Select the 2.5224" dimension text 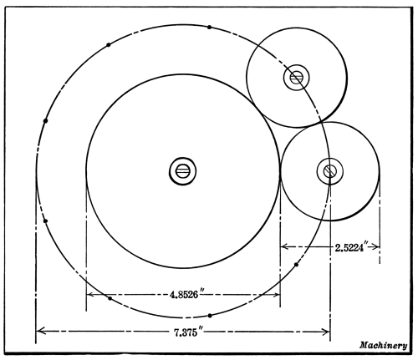pyautogui.click(x=353, y=247)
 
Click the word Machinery pyautogui.click(x=383, y=345)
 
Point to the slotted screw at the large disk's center pyautogui.click(x=183, y=171)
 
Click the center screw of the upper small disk pyautogui.click(x=297, y=78)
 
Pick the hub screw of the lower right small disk pyautogui.click(x=330, y=171)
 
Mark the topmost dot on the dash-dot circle pyautogui.click(x=209, y=27)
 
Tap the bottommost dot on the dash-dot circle pyautogui.click(x=210, y=316)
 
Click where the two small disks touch pyautogui.click(x=320, y=122)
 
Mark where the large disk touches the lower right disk pyautogui.click(x=279, y=171)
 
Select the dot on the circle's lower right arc pyautogui.click(x=296, y=265)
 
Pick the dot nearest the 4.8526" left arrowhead pyautogui.click(x=110, y=298)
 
